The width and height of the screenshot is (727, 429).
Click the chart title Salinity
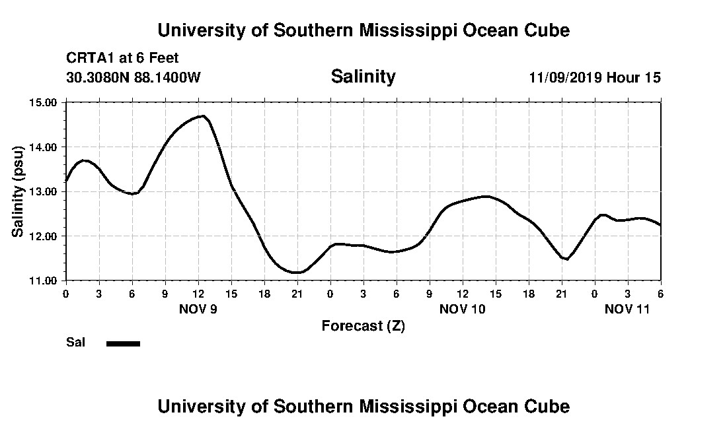point(363,77)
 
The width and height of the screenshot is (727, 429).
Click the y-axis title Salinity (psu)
point(19,191)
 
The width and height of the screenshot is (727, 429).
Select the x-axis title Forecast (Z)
point(363,326)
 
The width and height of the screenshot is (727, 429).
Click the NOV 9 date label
point(198,309)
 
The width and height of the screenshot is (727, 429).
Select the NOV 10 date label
point(463,309)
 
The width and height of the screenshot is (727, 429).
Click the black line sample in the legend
point(124,343)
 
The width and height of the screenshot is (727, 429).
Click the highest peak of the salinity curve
point(203,116)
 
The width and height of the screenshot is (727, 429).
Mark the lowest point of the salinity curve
point(297,272)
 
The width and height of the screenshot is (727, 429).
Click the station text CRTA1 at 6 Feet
point(122,58)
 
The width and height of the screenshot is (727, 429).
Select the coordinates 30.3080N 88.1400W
point(133,77)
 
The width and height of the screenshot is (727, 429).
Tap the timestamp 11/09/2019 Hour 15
point(595,77)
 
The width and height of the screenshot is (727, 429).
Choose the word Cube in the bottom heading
point(548,406)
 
